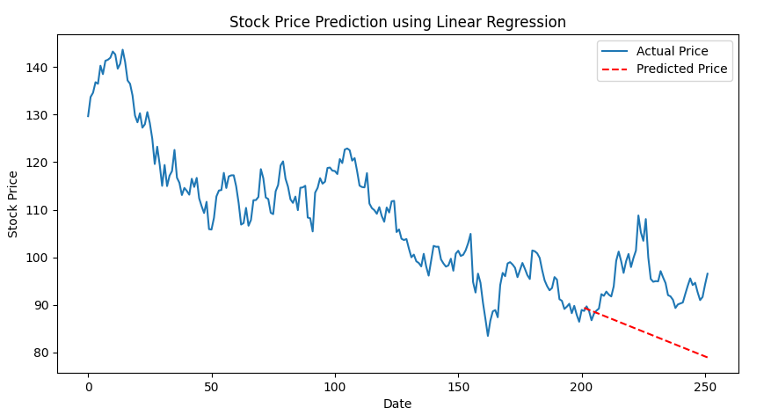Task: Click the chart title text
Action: (x=397, y=22)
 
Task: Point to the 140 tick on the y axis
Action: (x=37, y=68)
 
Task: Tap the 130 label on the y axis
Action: (x=37, y=115)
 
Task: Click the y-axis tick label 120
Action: (x=37, y=163)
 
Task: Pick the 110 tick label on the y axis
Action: (x=37, y=210)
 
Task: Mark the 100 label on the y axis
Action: (x=37, y=258)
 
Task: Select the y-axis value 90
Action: (x=40, y=306)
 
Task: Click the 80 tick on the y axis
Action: (x=40, y=353)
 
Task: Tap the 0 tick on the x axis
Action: (x=89, y=388)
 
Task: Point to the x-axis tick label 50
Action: (x=212, y=388)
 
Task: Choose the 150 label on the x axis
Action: (x=458, y=388)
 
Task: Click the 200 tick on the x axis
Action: (x=582, y=388)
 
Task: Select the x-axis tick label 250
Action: (x=705, y=388)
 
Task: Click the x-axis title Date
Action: (x=397, y=404)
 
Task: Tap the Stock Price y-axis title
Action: (x=13, y=205)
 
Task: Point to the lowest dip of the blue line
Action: (x=488, y=336)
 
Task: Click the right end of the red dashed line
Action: (x=707, y=358)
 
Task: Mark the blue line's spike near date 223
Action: (x=639, y=215)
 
